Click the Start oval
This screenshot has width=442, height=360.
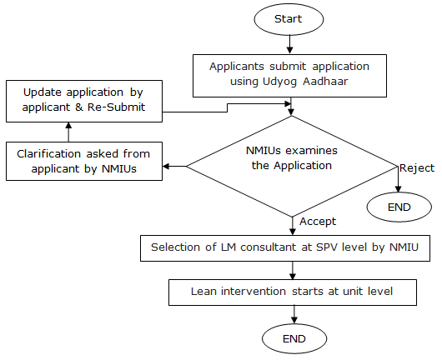(x=289, y=19)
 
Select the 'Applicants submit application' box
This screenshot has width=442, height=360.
(x=289, y=76)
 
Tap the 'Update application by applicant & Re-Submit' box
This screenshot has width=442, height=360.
(x=84, y=101)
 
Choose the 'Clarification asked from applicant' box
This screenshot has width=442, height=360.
(x=84, y=161)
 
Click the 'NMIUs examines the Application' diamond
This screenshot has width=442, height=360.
(x=292, y=166)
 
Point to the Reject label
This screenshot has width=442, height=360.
(x=417, y=168)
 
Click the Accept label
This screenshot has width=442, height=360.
(x=318, y=222)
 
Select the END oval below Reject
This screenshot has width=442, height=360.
(x=399, y=207)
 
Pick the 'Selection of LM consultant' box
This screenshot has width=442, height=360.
(x=285, y=248)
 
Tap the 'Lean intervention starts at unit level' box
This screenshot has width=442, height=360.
(x=293, y=292)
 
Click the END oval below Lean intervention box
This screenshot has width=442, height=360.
(x=294, y=339)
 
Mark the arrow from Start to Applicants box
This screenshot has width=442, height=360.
(x=289, y=44)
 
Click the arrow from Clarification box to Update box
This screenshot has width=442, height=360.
(x=68, y=132)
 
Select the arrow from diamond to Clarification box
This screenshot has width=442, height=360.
(x=174, y=166)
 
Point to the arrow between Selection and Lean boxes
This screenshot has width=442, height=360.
(x=293, y=271)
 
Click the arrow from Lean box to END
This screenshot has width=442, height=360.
(x=294, y=315)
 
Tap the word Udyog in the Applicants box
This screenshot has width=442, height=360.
(x=279, y=82)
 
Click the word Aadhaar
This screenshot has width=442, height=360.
(x=325, y=82)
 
